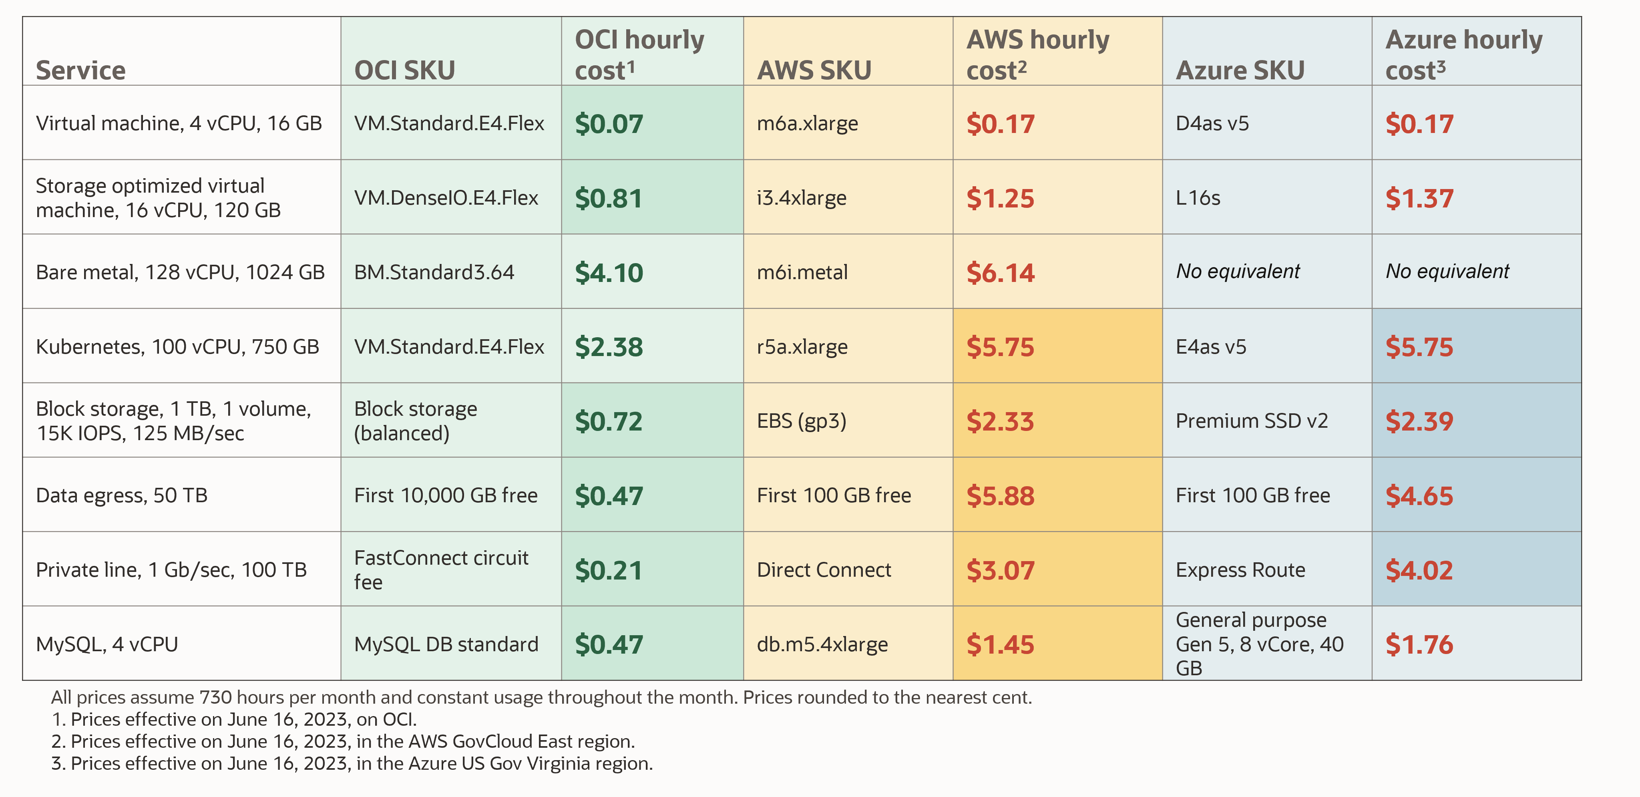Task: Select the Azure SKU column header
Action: tap(1240, 70)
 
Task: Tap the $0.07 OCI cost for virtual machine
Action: tap(609, 123)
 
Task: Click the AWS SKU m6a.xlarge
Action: tap(807, 123)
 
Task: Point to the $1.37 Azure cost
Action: tap(1419, 198)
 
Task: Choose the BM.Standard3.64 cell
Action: tap(434, 272)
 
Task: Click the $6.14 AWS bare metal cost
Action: tap(1000, 272)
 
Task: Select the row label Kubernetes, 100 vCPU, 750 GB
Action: tap(177, 347)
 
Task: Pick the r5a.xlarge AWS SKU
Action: tap(802, 347)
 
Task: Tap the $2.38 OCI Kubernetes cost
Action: tap(609, 347)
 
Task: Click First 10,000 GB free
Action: tap(446, 495)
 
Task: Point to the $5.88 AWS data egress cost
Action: tap(1000, 496)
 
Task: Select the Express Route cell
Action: tap(1240, 570)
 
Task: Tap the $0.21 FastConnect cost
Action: tap(609, 570)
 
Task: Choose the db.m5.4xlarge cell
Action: tap(822, 644)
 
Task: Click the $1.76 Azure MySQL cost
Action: tap(1419, 644)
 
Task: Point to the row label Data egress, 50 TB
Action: tap(122, 495)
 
